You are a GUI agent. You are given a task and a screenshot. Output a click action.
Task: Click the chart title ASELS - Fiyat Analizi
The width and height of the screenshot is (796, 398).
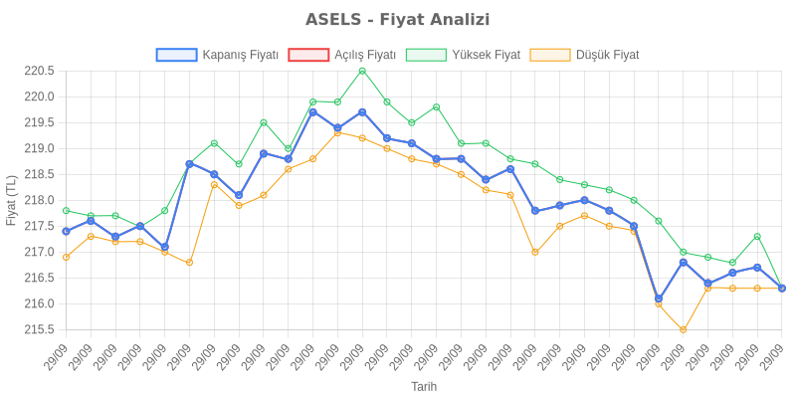[x=398, y=20]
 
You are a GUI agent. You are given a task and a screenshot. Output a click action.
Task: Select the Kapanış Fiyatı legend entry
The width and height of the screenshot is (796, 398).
[x=239, y=55]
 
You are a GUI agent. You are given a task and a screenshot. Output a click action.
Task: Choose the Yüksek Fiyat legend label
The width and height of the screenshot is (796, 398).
[x=485, y=55]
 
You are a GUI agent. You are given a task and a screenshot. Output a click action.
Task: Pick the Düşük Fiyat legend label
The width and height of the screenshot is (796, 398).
[x=607, y=55]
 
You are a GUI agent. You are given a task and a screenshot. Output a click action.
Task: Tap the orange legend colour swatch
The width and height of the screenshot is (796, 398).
[x=550, y=55]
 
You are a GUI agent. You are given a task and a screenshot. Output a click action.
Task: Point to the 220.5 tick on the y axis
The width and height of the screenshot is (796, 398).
[x=39, y=71]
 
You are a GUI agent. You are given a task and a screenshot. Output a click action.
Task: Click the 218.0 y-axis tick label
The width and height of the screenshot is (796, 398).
[x=39, y=200]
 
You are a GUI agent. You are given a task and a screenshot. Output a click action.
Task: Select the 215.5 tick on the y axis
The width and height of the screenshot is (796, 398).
[x=39, y=329]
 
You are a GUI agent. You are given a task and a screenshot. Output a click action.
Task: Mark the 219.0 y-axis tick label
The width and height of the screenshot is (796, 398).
[x=39, y=148]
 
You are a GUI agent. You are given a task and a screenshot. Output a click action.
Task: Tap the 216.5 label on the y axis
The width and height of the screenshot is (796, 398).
[x=39, y=278]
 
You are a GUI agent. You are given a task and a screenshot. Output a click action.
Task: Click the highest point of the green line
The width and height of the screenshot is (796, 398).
[x=362, y=71]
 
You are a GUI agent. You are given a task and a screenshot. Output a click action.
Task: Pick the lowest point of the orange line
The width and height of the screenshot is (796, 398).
[x=684, y=329]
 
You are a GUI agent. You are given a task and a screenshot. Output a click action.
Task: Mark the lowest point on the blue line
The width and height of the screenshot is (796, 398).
[x=659, y=298]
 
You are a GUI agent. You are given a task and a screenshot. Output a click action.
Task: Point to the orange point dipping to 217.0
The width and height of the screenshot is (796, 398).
[x=535, y=252]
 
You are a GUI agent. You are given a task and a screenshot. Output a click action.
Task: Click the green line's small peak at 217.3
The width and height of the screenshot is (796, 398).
[x=757, y=236]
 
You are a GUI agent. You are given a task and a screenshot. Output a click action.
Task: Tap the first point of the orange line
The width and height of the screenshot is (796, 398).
[x=66, y=257]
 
